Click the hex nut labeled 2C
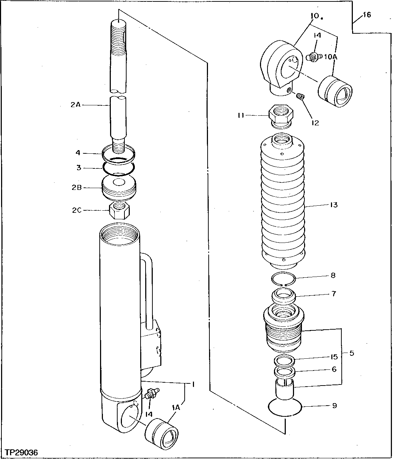(119, 211)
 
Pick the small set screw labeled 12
(301, 96)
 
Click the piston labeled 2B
(119, 187)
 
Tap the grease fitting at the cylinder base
(152, 393)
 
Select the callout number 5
(351, 353)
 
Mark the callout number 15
(334, 357)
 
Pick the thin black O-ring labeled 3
(119, 167)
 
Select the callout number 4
(78, 153)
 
